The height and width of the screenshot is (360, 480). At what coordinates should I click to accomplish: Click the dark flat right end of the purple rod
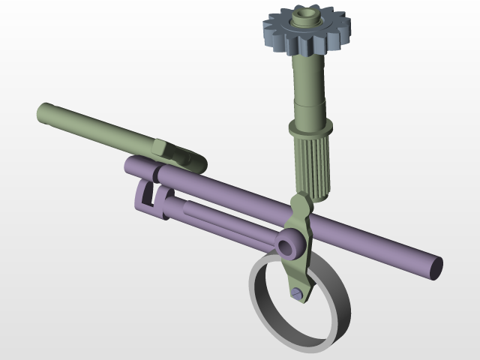(x=437, y=268)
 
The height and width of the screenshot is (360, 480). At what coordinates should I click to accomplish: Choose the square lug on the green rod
(x=162, y=146)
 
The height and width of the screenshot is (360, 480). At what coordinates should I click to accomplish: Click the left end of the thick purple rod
(x=131, y=164)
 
